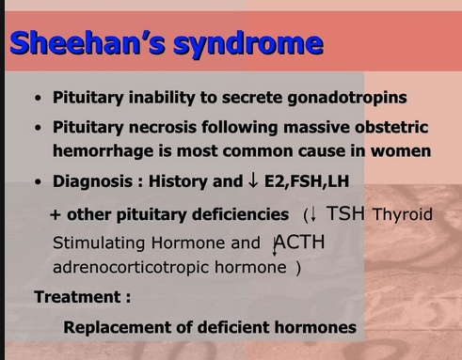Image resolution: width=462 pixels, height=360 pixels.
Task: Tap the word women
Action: pos(403,150)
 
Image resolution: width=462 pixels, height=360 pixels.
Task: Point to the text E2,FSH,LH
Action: pos(299,181)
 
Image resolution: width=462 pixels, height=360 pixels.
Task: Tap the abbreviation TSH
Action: pos(346,213)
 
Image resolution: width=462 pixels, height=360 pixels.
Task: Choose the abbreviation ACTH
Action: pos(299,243)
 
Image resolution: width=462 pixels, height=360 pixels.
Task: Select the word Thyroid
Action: pos(403,214)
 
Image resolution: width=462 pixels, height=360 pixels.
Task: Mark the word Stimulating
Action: pos(95,243)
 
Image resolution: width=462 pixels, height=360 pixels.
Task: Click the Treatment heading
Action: pos(82,297)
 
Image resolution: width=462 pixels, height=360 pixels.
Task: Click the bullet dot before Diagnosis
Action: pos(36,182)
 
